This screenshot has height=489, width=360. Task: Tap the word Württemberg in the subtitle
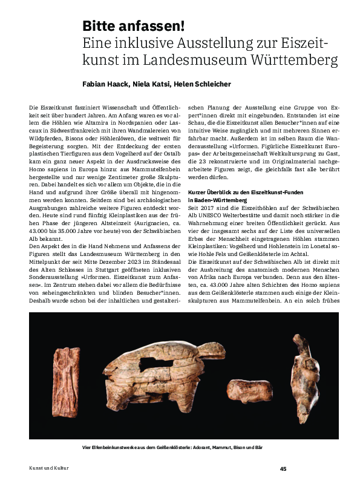(x=289, y=61)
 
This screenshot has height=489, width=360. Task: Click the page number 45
(x=283, y=468)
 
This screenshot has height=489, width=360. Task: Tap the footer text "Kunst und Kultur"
(x=49, y=468)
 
